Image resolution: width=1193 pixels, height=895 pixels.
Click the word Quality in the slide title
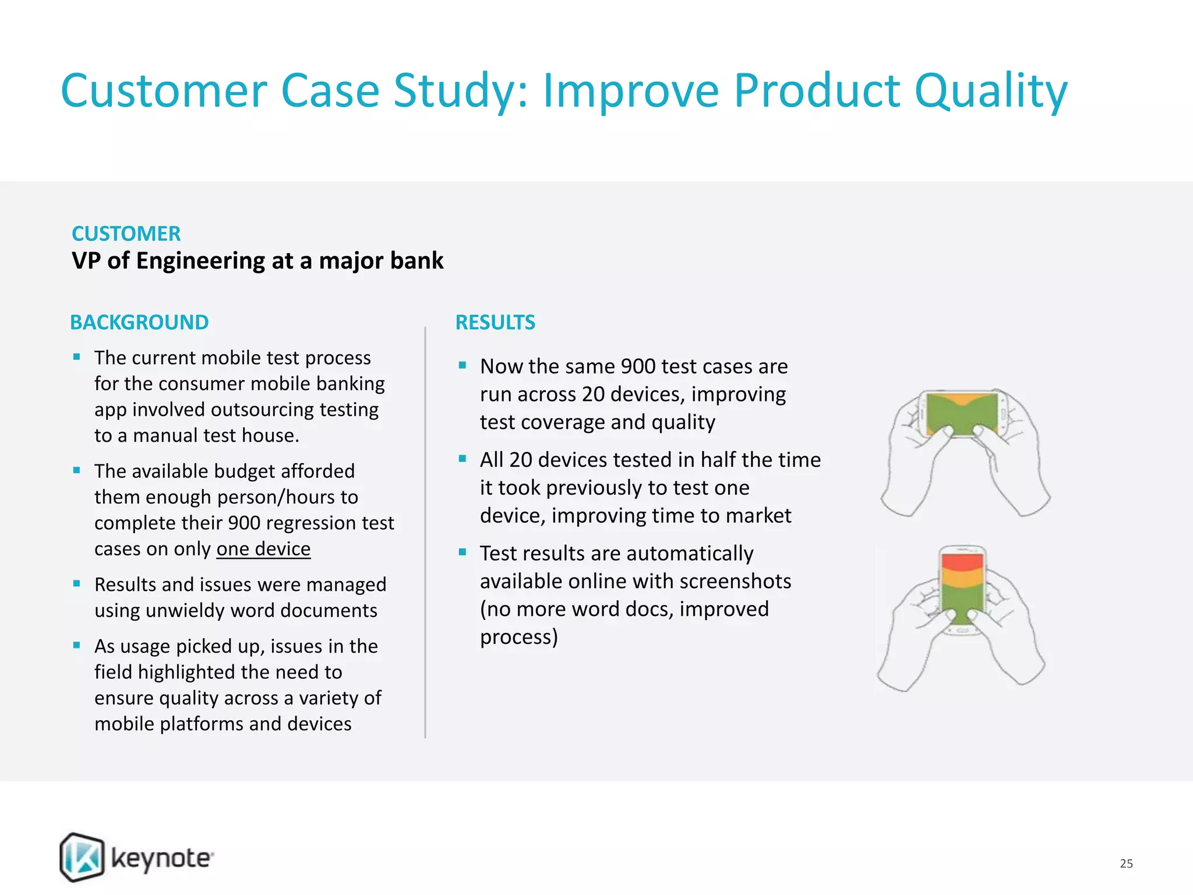point(990,92)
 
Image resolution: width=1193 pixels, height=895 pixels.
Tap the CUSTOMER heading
point(126,234)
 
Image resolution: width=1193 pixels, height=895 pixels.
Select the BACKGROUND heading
point(139,322)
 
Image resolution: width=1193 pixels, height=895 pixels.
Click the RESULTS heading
point(495,322)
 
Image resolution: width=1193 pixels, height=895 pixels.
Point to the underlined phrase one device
point(263,549)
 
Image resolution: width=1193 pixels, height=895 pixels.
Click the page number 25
point(1126,864)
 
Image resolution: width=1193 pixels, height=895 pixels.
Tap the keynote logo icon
point(82,857)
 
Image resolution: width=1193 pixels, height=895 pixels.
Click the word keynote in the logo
point(161,858)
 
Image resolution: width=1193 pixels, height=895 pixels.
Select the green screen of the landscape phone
point(962,415)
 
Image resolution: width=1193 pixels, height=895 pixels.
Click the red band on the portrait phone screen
point(962,562)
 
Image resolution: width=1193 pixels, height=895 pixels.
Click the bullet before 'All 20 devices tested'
point(463,459)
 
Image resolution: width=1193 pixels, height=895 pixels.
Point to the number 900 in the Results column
point(638,367)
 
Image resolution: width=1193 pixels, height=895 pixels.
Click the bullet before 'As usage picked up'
point(77,645)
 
